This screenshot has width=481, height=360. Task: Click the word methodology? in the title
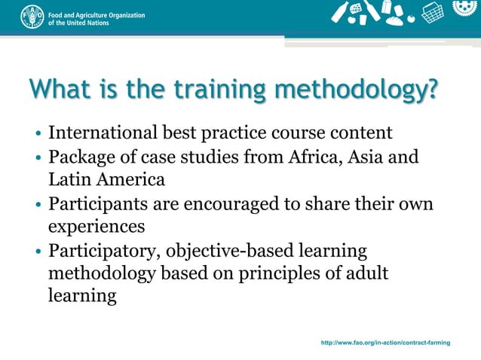pos(356,91)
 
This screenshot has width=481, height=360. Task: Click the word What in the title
pos(57,91)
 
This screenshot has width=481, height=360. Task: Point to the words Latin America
pos(106,181)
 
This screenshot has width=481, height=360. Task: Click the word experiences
pos(97,227)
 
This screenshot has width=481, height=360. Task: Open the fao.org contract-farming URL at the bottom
pos(385,343)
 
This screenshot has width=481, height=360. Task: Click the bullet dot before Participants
pos(38,205)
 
